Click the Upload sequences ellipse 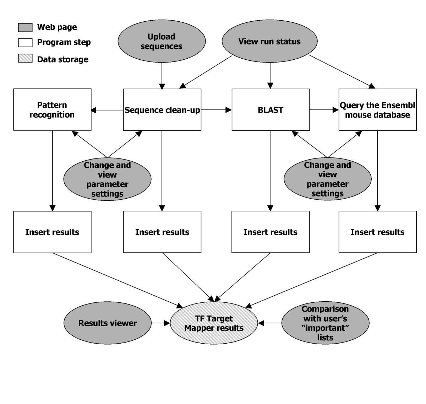click(162, 41)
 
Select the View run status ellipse click(269, 41)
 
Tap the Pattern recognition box click(52, 110)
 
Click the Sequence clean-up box click(162, 110)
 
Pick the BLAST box click(271, 110)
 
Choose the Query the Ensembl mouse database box click(377, 110)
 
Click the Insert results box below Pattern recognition click(52, 232)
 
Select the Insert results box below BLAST click(271, 232)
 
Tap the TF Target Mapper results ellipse click(214, 323)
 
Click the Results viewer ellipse click(107, 323)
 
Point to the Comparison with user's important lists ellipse click(325, 323)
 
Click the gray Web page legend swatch click(25, 27)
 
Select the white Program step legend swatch click(25, 43)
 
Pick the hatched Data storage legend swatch click(25, 59)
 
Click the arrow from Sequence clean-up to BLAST click(216, 110)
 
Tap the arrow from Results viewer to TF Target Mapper click(160, 323)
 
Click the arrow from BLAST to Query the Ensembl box click(324, 110)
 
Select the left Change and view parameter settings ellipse click(107, 179)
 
